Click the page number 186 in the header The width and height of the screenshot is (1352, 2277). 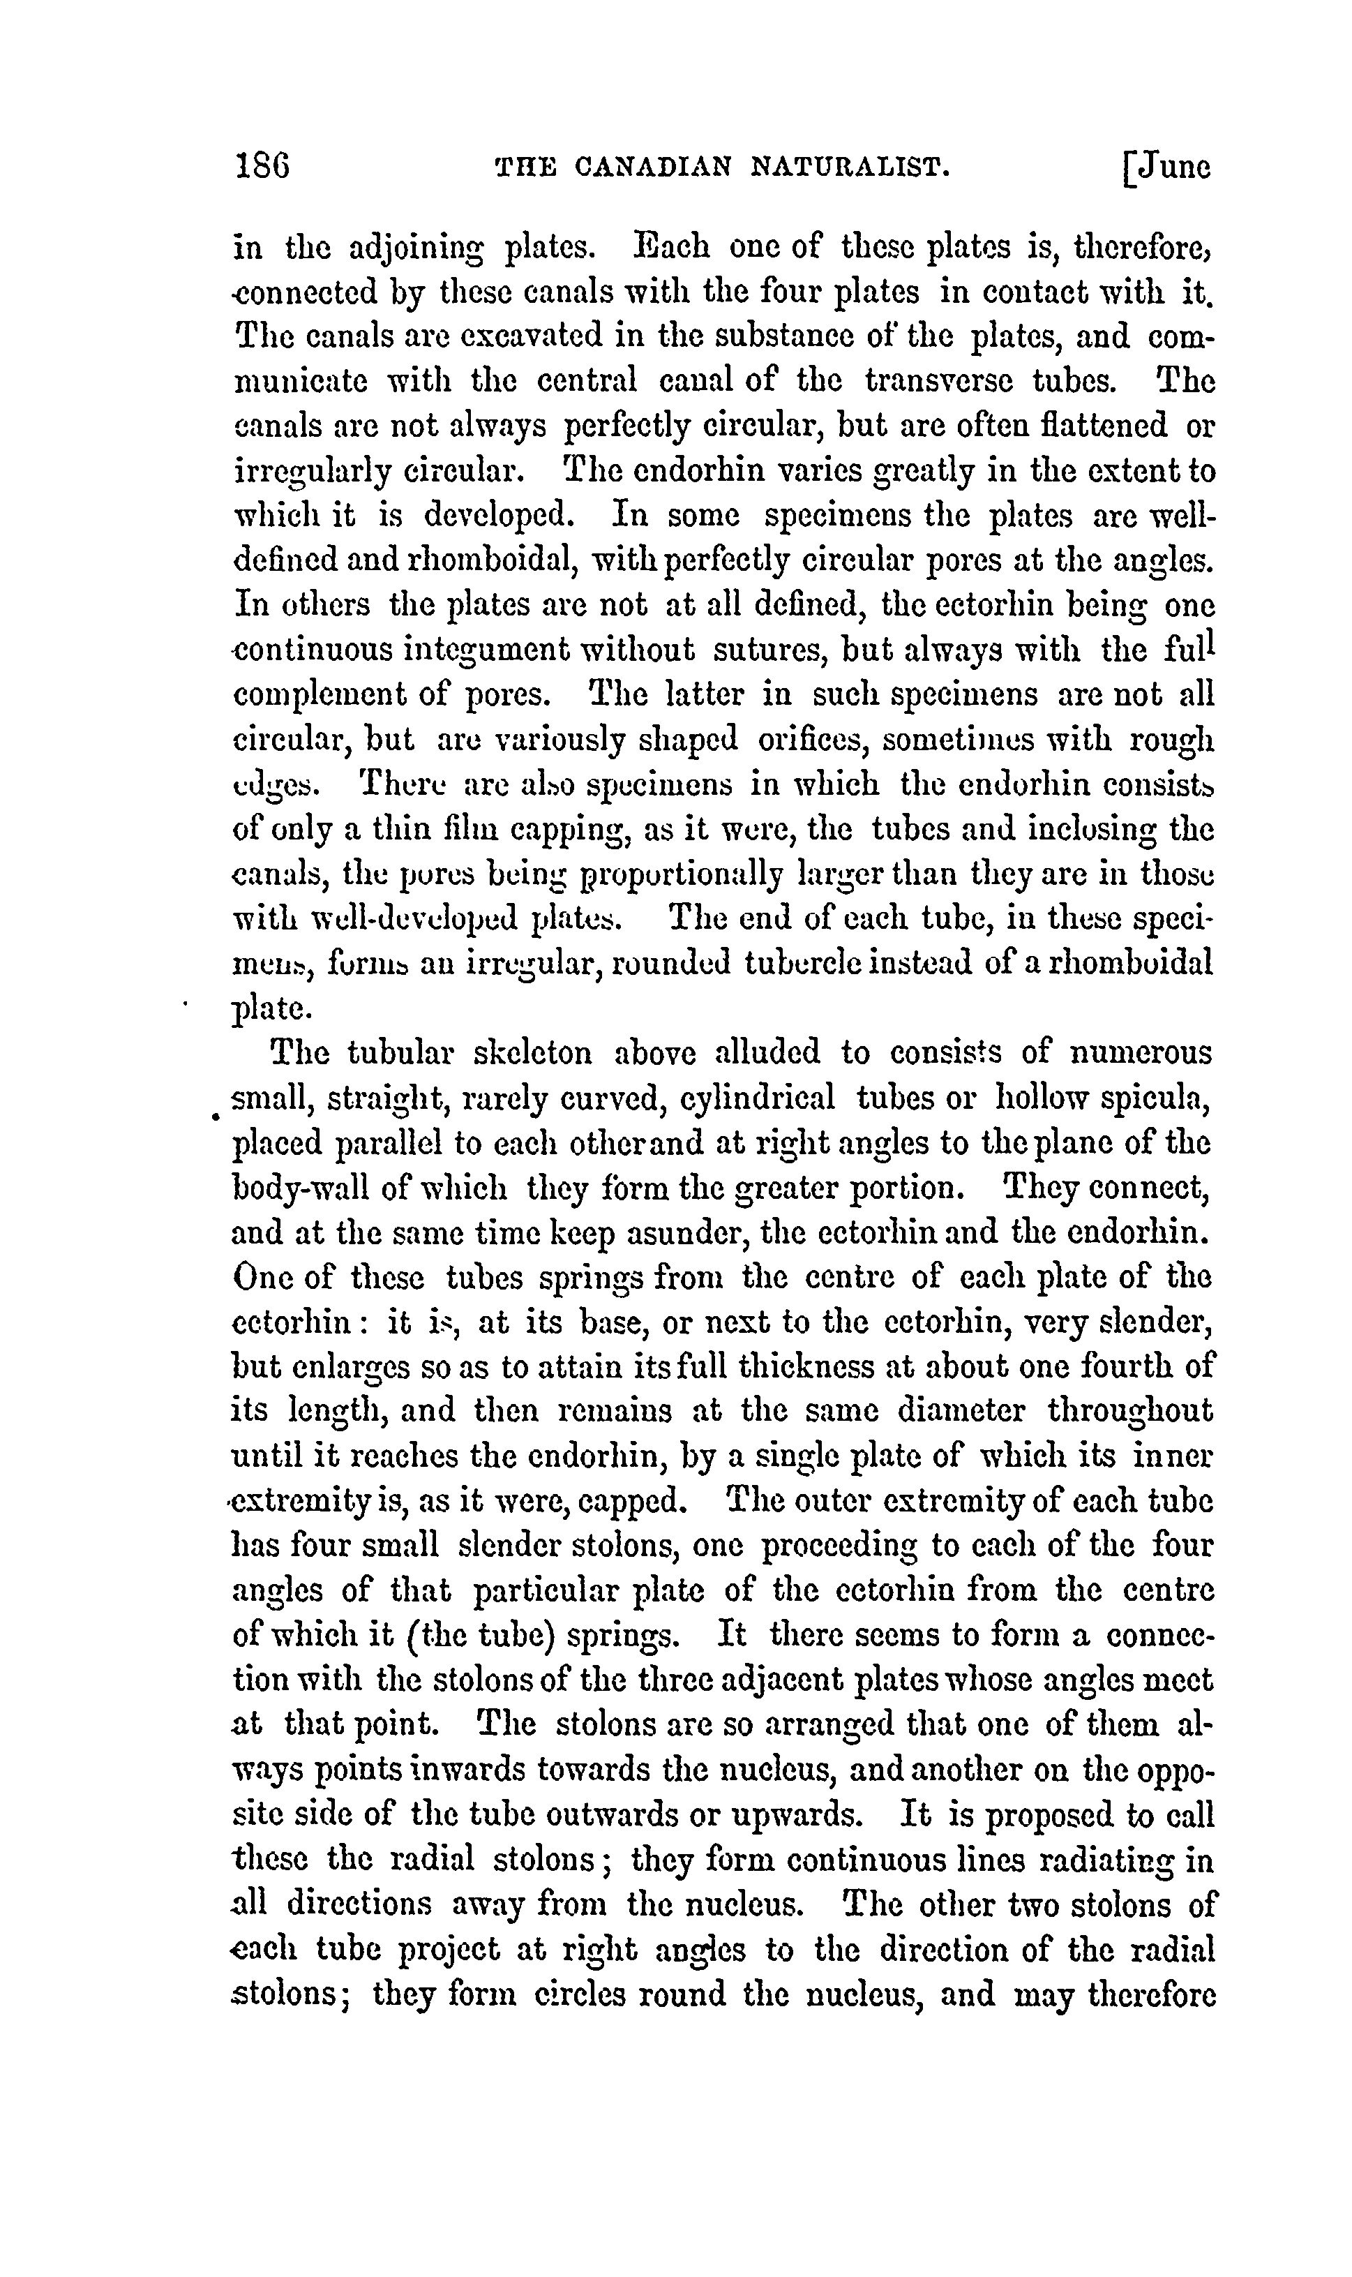coord(262,167)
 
